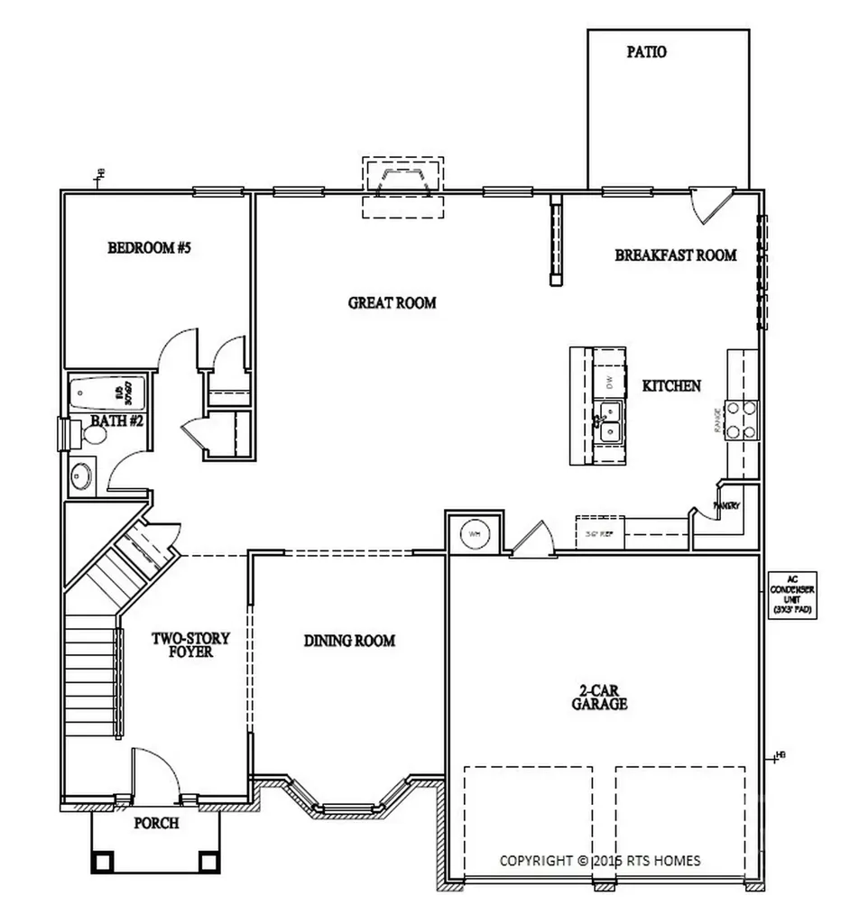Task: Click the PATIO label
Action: tap(647, 52)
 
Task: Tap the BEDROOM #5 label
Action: tap(150, 248)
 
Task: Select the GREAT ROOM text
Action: tap(392, 303)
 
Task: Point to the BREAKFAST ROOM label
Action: tap(676, 255)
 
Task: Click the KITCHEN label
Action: tap(671, 386)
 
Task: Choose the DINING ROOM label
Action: tap(349, 641)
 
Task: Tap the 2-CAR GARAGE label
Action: tap(598, 696)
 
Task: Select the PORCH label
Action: tap(156, 823)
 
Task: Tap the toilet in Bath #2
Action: tap(92, 434)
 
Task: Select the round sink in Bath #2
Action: tap(82, 475)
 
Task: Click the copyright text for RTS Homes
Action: tap(600, 860)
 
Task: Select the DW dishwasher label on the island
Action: tap(610, 382)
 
